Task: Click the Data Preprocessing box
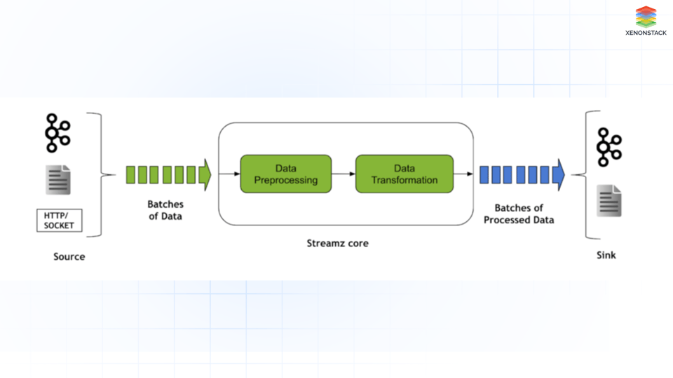(286, 174)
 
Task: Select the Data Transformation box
(405, 174)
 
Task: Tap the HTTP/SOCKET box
(59, 220)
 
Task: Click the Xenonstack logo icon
(646, 17)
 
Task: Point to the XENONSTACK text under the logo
(646, 33)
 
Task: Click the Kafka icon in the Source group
(57, 133)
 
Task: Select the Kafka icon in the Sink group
(609, 147)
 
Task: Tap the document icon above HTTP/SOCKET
(58, 180)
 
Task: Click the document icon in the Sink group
(609, 201)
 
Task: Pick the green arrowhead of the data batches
(205, 175)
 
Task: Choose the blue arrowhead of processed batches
(559, 175)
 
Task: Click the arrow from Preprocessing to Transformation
(344, 174)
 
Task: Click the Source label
(69, 257)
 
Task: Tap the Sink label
(606, 255)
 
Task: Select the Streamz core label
(337, 244)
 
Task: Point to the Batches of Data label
(165, 210)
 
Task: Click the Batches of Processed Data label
(519, 214)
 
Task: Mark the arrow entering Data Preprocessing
(229, 174)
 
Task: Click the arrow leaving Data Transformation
(463, 174)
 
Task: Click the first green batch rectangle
(130, 175)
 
